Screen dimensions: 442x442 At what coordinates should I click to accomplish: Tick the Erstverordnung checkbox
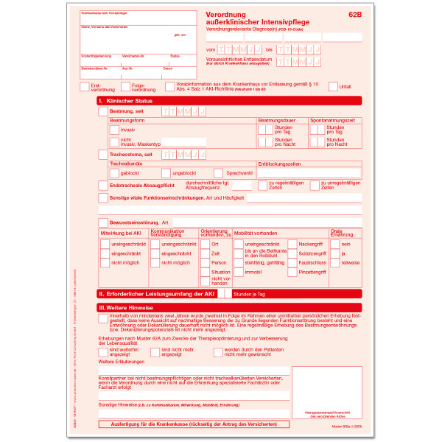pos(84,87)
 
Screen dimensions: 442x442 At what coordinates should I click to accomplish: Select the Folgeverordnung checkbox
pos(124,87)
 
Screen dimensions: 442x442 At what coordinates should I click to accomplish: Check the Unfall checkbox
pos(334,87)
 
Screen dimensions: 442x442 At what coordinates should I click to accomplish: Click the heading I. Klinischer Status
pos(130,100)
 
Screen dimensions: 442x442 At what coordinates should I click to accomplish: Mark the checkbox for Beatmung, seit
pos(102,111)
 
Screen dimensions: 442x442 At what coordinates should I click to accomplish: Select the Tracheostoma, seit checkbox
pos(102,155)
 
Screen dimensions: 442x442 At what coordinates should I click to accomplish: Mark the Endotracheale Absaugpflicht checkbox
pos(102,186)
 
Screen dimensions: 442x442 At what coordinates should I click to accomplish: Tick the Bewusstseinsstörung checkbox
pos(102,222)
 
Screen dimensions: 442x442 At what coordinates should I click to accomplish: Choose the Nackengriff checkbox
pos(292,243)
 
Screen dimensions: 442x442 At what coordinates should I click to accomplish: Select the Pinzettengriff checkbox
pos(292,272)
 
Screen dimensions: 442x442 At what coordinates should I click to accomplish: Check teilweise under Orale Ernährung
pos(336,262)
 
